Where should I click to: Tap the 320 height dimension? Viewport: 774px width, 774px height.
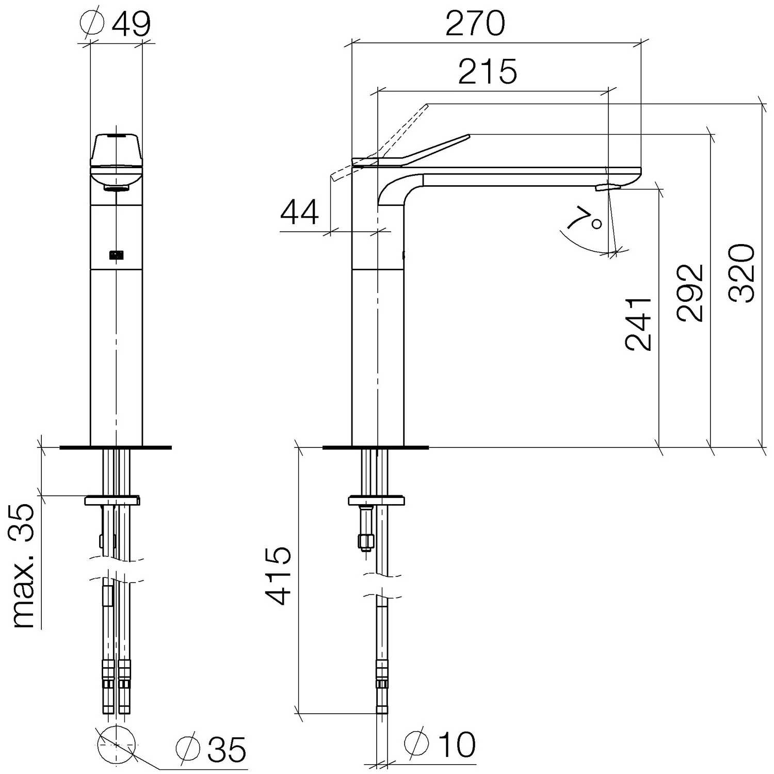[742, 273]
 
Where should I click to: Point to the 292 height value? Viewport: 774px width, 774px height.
[691, 293]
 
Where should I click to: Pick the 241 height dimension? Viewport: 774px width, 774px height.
[638, 324]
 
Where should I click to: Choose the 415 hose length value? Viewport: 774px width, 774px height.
[278, 576]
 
